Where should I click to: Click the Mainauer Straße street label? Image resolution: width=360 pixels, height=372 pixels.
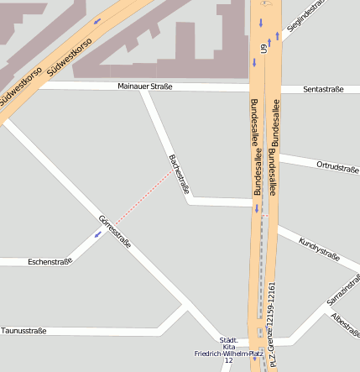click(144, 86)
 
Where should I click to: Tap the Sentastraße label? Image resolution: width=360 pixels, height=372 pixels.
click(323, 89)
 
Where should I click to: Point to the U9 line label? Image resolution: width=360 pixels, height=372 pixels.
click(263, 50)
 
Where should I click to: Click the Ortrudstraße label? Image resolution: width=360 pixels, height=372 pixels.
click(337, 166)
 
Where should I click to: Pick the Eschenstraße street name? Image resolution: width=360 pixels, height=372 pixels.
click(50, 261)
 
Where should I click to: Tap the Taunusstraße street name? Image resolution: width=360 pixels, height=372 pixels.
click(23, 331)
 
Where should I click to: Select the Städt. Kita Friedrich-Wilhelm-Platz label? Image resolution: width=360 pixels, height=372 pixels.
click(228, 347)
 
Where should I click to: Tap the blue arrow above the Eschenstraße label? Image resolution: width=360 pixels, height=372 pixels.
click(98, 234)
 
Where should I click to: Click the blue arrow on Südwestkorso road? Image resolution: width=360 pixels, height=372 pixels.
click(97, 20)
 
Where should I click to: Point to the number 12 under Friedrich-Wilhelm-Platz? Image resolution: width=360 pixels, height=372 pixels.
click(228, 361)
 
